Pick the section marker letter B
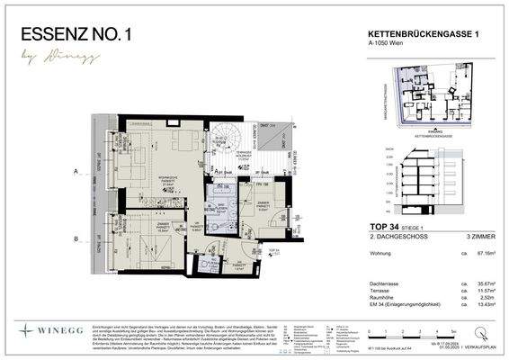(77, 238)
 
